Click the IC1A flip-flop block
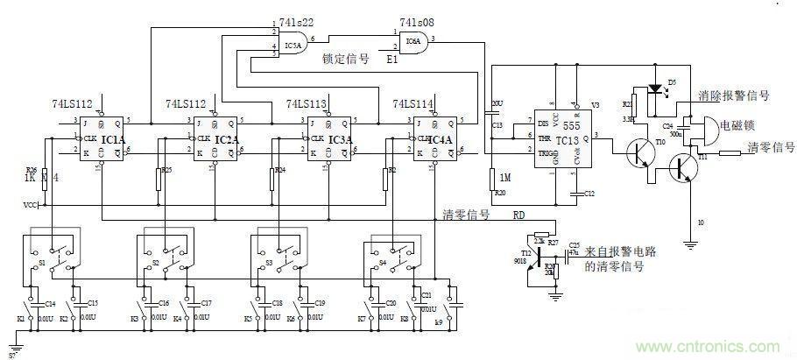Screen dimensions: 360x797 [x=103, y=139]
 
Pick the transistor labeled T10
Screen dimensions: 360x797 [x=646, y=153]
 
